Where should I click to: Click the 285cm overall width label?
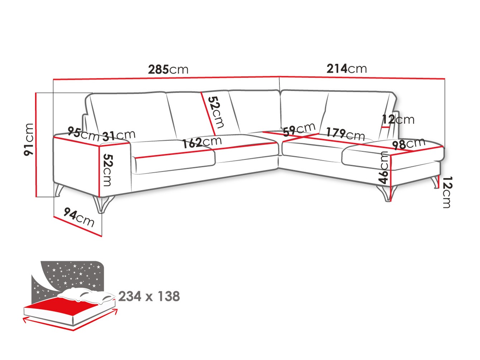[x=168, y=69]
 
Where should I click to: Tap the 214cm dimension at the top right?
[x=346, y=68]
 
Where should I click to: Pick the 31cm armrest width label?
[x=119, y=135]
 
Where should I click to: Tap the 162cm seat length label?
[x=202, y=142]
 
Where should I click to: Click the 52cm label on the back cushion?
[x=216, y=112]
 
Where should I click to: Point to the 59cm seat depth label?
[x=299, y=130]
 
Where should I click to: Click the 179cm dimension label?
[x=345, y=134]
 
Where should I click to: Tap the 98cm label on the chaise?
[x=408, y=144]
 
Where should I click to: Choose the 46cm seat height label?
[x=384, y=167]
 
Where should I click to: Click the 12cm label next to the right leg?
[x=447, y=192]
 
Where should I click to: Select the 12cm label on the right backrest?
[x=398, y=119]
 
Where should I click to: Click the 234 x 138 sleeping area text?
[x=149, y=296]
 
